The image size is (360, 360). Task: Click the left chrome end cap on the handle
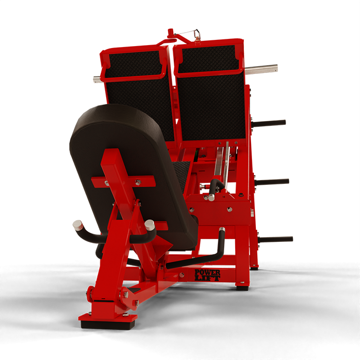tap(78, 224)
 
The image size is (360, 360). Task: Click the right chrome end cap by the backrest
tap(150, 224)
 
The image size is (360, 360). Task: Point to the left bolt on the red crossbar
tap(107, 184)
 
